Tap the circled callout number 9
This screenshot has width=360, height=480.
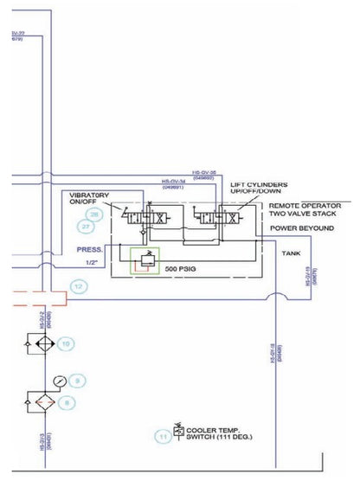(x=76, y=380)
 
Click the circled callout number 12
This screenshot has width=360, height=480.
(x=80, y=285)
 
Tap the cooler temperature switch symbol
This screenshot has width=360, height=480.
(x=178, y=431)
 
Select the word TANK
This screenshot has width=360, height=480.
(x=292, y=253)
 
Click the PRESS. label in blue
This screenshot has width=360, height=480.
(x=88, y=246)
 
